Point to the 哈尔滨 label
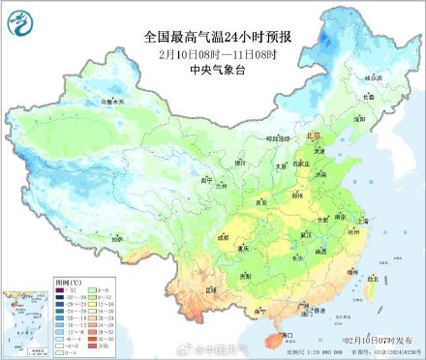[x=367, y=76]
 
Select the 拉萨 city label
[x=116, y=236]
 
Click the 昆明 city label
[x=211, y=288]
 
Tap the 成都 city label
[x=224, y=235]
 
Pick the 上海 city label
[x=362, y=222]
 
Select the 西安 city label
[x=259, y=203]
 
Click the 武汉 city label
[x=307, y=234]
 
